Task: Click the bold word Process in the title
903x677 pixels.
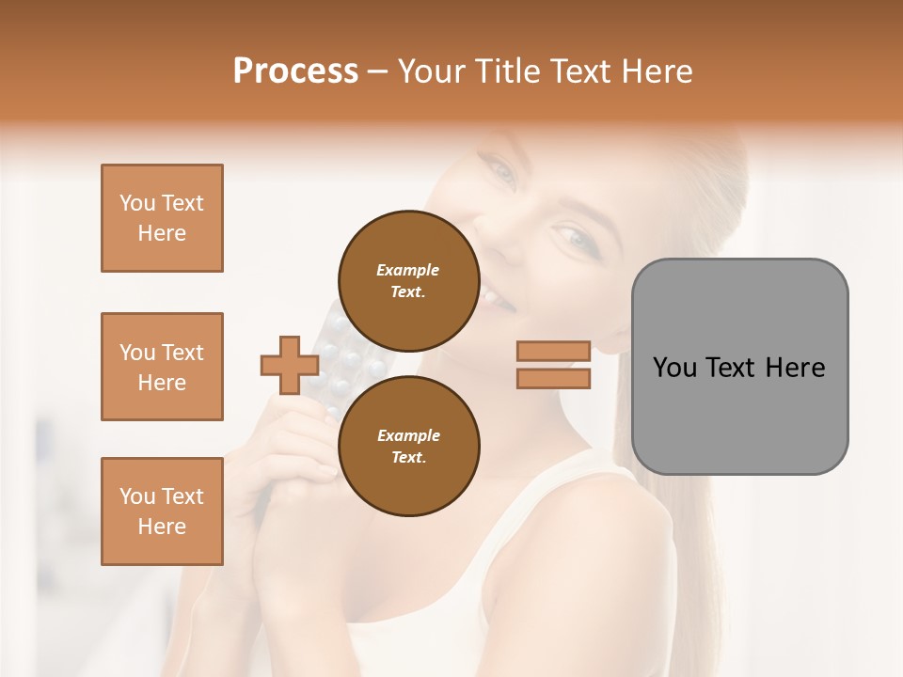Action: point(295,71)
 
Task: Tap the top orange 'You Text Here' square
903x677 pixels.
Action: point(162,218)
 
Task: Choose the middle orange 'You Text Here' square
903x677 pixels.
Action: point(162,367)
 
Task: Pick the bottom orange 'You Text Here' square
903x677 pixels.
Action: point(162,512)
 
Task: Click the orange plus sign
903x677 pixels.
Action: point(289,365)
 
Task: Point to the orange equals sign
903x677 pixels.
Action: point(553,365)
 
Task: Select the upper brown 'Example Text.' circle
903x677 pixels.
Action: point(408,280)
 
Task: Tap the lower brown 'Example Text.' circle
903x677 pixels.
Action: point(408,446)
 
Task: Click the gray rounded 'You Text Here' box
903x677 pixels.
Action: point(739,367)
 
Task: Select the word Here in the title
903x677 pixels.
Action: point(657,71)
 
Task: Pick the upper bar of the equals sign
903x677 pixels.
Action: point(553,352)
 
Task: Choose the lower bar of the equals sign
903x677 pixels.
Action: point(553,378)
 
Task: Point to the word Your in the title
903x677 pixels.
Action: point(431,71)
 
